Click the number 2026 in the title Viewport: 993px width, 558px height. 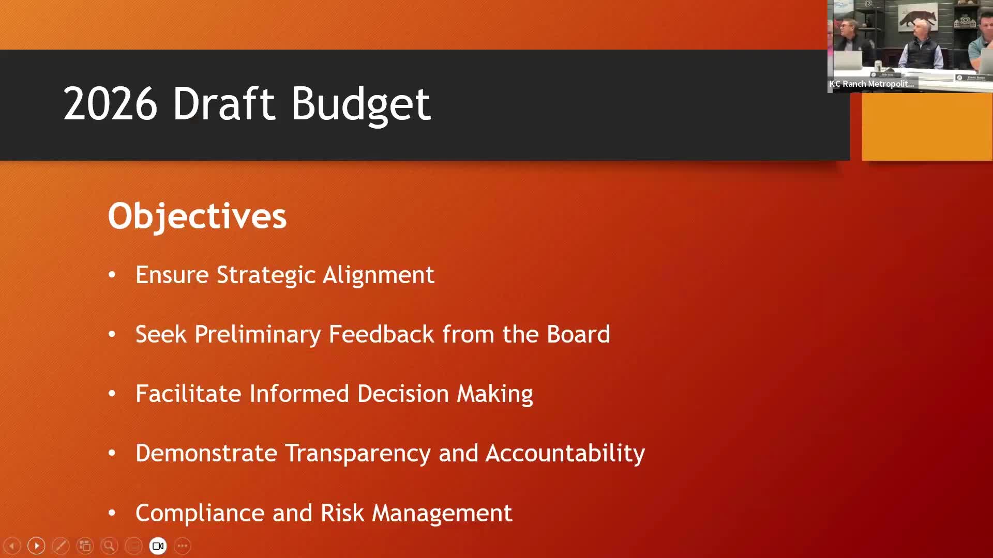pyautogui.click(x=110, y=104)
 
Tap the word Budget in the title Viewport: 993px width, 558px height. pyautogui.click(x=360, y=104)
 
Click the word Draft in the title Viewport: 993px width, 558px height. pyautogui.click(x=223, y=104)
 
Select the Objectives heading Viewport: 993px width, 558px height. pyautogui.click(x=197, y=216)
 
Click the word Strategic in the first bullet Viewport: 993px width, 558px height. pyautogui.click(x=266, y=275)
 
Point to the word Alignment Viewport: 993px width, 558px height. pyautogui.click(x=378, y=275)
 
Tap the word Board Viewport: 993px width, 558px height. pyautogui.click(x=578, y=334)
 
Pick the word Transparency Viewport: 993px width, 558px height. pyautogui.click(x=358, y=454)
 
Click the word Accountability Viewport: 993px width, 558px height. pyautogui.click(x=565, y=453)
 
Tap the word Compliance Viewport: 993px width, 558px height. pyautogui.click(x=200, y=513)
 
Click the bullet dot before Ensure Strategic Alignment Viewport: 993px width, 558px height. pyautogui.click(x=112, y=275)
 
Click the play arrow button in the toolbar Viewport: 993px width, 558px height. pyautogui.click(x=36, y=546)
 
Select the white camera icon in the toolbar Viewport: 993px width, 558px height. pyautogui.click(x=158, y=546)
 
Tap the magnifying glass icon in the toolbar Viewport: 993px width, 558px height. pyautogui.click(x=109, y=546)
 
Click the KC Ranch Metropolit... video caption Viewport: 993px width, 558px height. pyautogui.click(x=872, y=84)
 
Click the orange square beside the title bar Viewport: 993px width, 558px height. pyautogui.click(x=927, y=127)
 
